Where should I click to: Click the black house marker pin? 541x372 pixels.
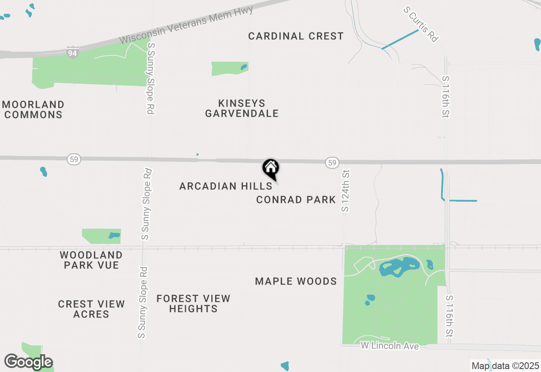271,168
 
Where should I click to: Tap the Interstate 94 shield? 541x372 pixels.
72,52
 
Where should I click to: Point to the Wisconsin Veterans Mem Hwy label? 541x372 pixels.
186,25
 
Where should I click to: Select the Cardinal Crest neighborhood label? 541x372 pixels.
296,36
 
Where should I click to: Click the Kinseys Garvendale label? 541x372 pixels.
242,108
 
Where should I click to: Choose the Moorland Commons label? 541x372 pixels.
33,109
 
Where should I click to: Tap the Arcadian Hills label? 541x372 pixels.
226,186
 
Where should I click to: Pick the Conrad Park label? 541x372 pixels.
296,200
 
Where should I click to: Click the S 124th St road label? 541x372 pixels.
346,191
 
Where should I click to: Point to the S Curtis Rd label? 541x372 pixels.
421,24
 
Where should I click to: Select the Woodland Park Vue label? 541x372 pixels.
91,260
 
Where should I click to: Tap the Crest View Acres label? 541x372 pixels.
91,309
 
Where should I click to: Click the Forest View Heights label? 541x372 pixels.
193,304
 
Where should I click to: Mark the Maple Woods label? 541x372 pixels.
296,281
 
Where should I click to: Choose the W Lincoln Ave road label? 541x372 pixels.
390,346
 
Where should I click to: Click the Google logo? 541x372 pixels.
28,362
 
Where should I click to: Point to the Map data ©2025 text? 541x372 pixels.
505,366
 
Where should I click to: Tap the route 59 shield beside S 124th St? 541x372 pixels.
332,162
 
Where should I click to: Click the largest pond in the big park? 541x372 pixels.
397,268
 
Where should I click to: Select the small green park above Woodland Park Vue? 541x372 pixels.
101,236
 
